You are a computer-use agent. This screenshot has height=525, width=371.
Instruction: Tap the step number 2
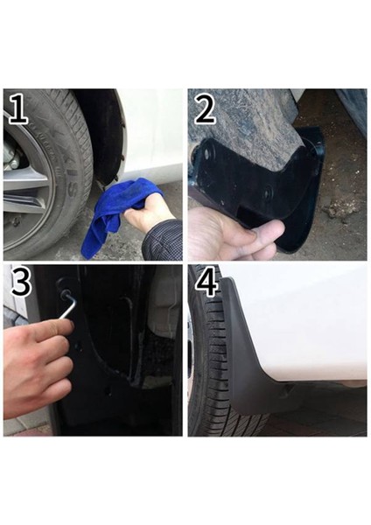tap(206, 109)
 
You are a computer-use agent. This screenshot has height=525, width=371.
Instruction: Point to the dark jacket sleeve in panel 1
tap(166, 241)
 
